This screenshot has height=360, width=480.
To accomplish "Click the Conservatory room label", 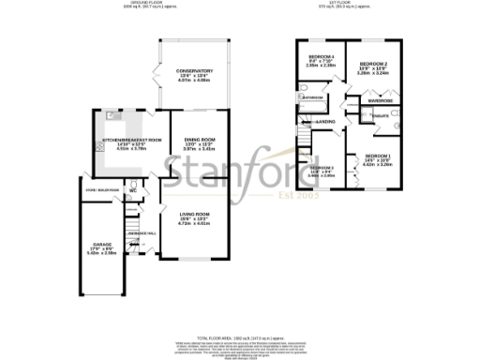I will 194,70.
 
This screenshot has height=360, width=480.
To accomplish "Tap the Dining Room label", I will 199,140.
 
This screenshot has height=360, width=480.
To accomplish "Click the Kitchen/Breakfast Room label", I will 131,140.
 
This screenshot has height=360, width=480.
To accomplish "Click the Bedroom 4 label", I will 322,57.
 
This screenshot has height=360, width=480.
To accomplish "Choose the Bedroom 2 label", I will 374,63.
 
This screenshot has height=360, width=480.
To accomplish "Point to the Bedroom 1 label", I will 378,155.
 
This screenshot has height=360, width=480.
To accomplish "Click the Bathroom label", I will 312,97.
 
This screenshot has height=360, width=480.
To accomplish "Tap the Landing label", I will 325,122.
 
